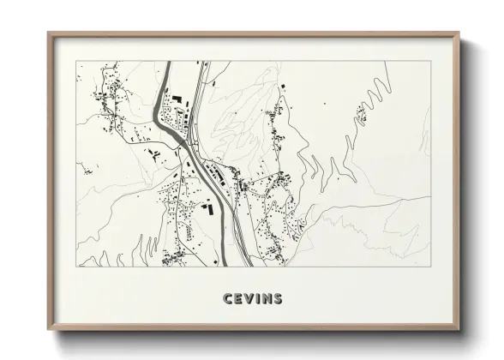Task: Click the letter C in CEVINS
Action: (x=227, y=299)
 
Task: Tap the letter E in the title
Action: (x=238, y=299)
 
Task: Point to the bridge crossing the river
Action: (x=190, y=153)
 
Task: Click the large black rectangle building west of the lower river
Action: (x=206, y=206)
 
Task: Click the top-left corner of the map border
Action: (x=77, y=62)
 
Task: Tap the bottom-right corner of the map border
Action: (x=431, y=267)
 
